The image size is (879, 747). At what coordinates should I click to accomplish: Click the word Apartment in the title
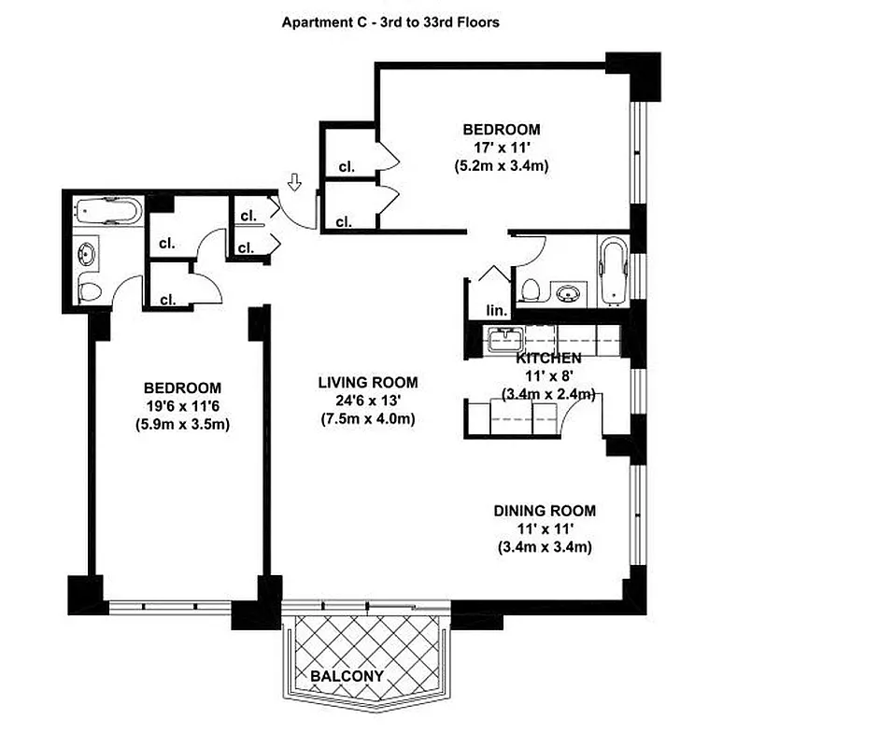click(x=316, y=21)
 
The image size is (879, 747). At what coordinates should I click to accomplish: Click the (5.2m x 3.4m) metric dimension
click(x=501, y=166)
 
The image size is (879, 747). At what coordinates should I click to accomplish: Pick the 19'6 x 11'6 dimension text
click(x=182, y=406)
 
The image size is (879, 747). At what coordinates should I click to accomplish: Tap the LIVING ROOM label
click(x=367, y=383)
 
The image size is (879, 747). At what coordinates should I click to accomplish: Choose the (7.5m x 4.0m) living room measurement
click(x=367, y=418)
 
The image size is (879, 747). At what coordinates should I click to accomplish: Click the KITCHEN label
click(x=548, y=358)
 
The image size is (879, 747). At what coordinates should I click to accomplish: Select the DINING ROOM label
click(x=545, y=511)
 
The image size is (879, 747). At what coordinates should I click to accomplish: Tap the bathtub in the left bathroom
click(x=107, y=211)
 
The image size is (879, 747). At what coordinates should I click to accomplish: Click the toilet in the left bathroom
click(x=88, y=290)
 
